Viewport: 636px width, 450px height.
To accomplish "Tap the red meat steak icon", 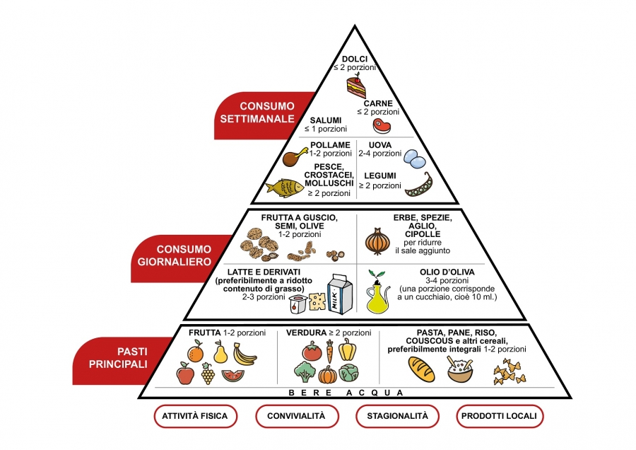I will click(x=382, y=127).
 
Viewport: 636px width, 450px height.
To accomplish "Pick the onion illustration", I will click(x=378, y=242).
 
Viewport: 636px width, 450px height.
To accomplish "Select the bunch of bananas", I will click(x=245, y=353).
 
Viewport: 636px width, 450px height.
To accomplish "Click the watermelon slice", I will click(x=232, y=375).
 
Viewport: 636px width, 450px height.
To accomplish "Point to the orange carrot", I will click(x=329, y=351).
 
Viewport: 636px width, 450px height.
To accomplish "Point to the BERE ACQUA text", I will click(x=346, y=392).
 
